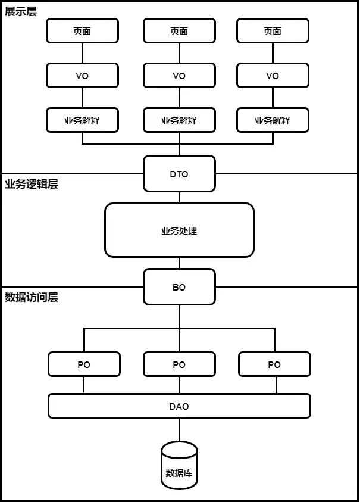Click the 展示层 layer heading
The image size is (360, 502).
tap(21, 11)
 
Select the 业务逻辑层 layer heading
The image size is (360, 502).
tap(32, 184)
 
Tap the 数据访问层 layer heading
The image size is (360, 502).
tap(32, 297)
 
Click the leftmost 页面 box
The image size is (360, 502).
tap(82, 31)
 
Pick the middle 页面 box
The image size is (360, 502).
tap(179, 31)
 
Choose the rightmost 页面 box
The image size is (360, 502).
tap(273, 31)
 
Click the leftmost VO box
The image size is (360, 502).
tap(82, 76)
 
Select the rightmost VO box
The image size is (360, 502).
tap(273, 76)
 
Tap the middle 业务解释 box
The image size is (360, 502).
tap(179, 120)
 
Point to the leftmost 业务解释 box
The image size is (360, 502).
tap(82, 120)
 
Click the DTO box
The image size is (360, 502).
tap(179, 174)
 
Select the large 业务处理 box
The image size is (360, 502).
tap(179, 230)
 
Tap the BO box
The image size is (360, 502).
tap(179, 287)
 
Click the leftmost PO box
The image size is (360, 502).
tap(84, 364)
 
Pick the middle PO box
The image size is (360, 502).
tap(179, 364)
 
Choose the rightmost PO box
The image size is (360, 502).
tap(274, 364)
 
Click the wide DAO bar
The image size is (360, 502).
tap(179, 406)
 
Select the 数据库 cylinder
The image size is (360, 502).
tap(179, 467)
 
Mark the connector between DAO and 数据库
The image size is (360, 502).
tap(179, 429)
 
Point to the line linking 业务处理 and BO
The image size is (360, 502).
tap(179, 263)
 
